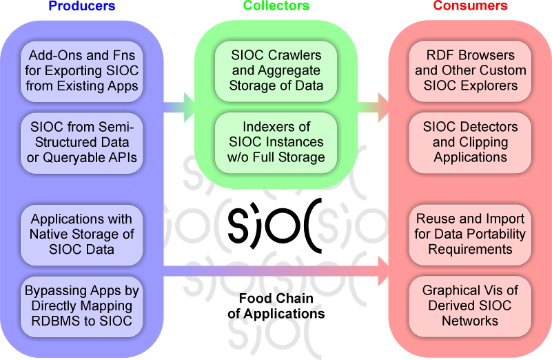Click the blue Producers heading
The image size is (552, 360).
tap(82, 6)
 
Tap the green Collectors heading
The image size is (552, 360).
tap(276, 6)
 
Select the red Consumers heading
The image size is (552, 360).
tap(470, 6)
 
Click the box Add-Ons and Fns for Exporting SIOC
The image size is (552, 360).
tap(83, 71)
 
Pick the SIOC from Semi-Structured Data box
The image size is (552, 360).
tap(83, 143)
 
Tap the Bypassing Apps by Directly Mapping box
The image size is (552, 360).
tap(83, 306)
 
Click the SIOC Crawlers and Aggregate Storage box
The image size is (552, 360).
tap(276, 71)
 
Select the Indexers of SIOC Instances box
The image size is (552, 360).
tap(276, 142)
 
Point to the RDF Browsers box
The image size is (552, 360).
tap(470, 71)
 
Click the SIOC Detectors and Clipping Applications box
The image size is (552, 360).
tap(470, 142)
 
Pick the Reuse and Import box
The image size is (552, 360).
tap(470, 234)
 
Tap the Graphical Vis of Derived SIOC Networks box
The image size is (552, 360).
tap(470, 306)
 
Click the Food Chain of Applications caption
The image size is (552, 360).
tap(276, 306)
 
